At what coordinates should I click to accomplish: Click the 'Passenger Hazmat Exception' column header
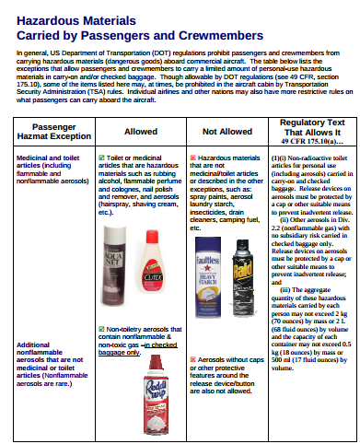[48, 132]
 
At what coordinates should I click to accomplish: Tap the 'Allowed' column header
[141, 132]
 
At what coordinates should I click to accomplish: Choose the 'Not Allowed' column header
[226, 132]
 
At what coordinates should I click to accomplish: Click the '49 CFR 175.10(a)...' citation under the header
[309, 144]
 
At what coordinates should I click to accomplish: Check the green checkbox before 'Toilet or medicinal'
[101, 158]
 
